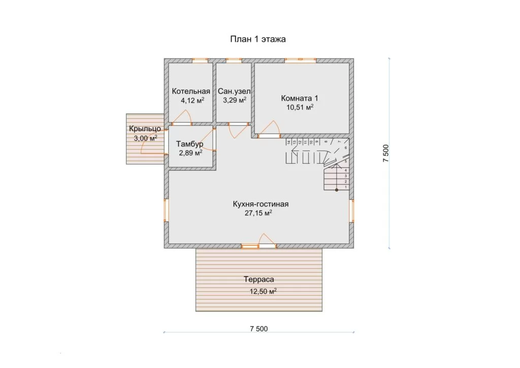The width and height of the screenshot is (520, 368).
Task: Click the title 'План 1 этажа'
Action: (257, 39)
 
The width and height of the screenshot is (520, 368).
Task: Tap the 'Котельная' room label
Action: (191, 91)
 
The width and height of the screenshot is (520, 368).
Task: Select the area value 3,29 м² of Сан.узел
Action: (235, 100)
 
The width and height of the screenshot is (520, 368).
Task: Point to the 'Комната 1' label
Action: (300, 98)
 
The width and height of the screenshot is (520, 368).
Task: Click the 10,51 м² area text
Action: (300, 107)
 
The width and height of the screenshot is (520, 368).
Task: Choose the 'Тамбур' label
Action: (190, 144)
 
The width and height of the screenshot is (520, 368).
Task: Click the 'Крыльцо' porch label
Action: (145, 129)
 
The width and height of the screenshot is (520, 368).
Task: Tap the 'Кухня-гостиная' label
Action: (261, 204)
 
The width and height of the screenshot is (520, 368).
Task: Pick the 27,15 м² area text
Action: (258, 213)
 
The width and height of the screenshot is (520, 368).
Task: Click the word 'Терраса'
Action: (259, 280)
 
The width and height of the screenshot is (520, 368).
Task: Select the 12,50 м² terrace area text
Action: (263, 291)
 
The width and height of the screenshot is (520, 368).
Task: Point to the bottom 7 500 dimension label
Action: (259, 329)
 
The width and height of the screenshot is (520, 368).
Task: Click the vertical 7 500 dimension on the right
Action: (386, 153)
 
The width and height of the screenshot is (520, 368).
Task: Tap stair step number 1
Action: (346, 187)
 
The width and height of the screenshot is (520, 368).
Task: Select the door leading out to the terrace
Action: (267, 246)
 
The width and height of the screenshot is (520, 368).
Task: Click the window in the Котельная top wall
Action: (200, 60)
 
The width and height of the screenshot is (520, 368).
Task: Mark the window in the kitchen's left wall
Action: (166, 210)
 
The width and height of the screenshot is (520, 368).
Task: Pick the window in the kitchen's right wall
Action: (351, 210)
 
